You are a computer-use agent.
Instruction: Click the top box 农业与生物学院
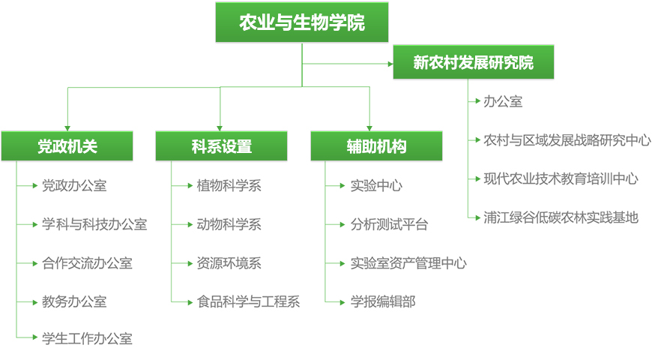[302, 22]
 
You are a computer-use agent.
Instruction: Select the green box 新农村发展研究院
[474, 62]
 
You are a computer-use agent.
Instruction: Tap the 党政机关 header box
[67, 146]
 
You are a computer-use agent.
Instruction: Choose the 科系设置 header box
[221, 146]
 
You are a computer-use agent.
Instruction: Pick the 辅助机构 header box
[376, 146]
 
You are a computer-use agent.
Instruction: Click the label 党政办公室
[74, 185]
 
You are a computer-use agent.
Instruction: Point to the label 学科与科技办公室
[94, 225]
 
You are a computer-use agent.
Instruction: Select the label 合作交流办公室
[88, 263]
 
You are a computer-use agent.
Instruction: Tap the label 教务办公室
[74, 301]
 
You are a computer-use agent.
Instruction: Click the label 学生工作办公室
[88, 339]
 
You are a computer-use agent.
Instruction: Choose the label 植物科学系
[229, 185]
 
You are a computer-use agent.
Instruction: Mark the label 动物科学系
[229, 225]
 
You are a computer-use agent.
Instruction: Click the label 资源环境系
[229, 263]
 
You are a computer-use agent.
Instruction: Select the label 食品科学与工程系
[248, 301]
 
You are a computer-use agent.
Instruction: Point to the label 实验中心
[376, 185]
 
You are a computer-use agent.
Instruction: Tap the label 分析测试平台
[389, 225]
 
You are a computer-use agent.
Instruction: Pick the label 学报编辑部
[383, 301]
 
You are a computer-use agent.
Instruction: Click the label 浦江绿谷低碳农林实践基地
[561, 217]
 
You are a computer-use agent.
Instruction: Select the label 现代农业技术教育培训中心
[561, 179]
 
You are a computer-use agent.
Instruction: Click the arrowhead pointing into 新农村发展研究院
[390, 64]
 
